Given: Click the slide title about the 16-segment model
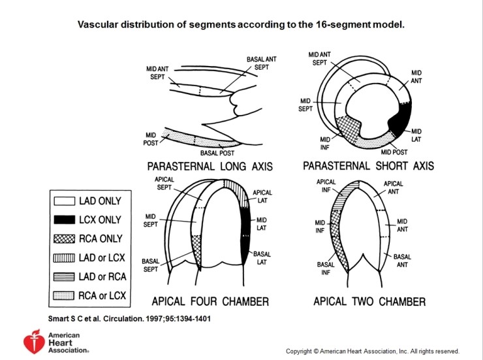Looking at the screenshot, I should pos(241,24).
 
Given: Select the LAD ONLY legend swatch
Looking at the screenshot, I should pos(65,201).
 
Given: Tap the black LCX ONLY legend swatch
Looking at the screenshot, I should pos(65,220).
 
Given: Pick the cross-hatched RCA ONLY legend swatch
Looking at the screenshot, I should pos(65,239).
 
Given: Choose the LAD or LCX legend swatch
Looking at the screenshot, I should pos(65,258).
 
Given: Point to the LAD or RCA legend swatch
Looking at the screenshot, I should pos(65,277).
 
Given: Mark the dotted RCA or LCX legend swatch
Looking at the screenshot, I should pos(65,296).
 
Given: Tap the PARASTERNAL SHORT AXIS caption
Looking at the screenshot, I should pos(368,166).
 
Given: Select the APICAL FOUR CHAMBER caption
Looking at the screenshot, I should pos(210,301).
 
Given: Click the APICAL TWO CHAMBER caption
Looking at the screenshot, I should pos(369,301).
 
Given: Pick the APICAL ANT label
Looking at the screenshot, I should pos(394,188).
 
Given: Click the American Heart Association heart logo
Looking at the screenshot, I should pos(32,341).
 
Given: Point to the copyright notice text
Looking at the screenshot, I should pos(372,351).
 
